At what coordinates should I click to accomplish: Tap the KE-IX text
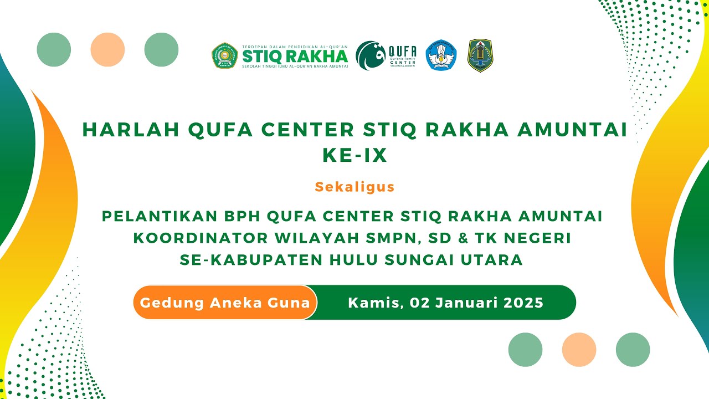(354, 156)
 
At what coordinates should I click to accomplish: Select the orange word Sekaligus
(354, 187)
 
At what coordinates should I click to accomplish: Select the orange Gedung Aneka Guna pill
(225, 303)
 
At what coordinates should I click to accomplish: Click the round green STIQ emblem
(225, 55)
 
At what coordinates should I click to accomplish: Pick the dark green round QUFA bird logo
(371, 55)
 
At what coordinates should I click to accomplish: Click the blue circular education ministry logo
(441, 55)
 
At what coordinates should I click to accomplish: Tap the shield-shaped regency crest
(480, 55)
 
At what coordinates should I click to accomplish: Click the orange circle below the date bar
(579, 350)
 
